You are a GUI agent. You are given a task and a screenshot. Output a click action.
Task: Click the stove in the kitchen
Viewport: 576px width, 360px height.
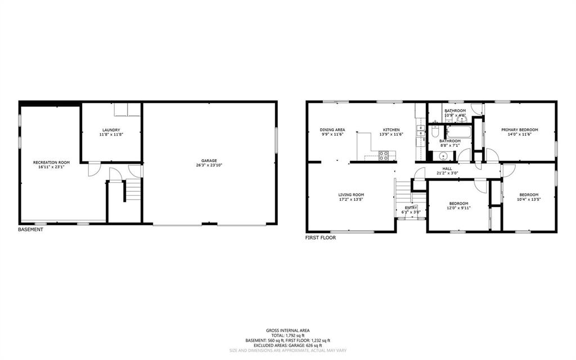[x=384, y=155]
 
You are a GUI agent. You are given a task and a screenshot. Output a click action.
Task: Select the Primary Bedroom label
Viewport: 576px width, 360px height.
[x=519, y=130]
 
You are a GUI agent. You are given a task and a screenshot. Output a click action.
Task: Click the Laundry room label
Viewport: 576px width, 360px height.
[x=111, y=130]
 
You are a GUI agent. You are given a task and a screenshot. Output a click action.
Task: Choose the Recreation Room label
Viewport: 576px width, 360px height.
[x=51, y=162]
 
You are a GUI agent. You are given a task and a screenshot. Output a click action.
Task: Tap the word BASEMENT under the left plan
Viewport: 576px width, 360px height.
[x=30, y=229]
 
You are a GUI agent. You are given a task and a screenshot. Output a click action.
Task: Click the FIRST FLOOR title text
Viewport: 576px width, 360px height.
[x=321, y=238]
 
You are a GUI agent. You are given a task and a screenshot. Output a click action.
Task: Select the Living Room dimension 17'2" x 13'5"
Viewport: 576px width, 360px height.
[x=351, y=200]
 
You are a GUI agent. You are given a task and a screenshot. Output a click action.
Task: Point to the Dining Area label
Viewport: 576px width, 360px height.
[x=332, y=130]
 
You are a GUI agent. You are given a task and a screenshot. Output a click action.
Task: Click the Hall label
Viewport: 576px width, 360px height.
[x=447, y=168]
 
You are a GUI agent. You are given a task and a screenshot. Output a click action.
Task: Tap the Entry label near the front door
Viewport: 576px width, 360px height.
[x=411, y=207]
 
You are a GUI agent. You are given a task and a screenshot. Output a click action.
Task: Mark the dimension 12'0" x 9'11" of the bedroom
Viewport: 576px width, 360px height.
[x=458, y=208]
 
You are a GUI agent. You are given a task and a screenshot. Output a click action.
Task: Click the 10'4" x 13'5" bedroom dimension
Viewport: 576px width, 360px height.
[x=529, y=200]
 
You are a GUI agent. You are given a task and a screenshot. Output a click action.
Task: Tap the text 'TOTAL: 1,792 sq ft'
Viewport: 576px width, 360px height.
[x=287, y=335]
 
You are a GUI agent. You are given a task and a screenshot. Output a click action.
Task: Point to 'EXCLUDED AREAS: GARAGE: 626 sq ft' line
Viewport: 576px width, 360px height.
[x=287, y=345]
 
